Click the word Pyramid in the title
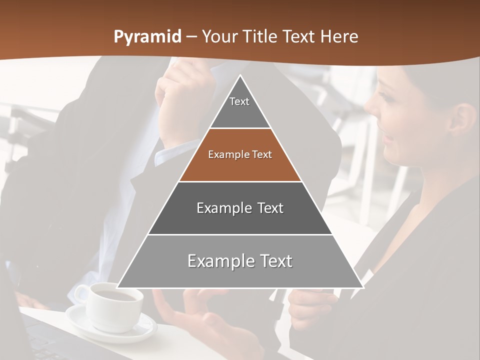click(147, 37)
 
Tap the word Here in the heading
click(339, 36)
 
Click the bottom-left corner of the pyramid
click(118, 287)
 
